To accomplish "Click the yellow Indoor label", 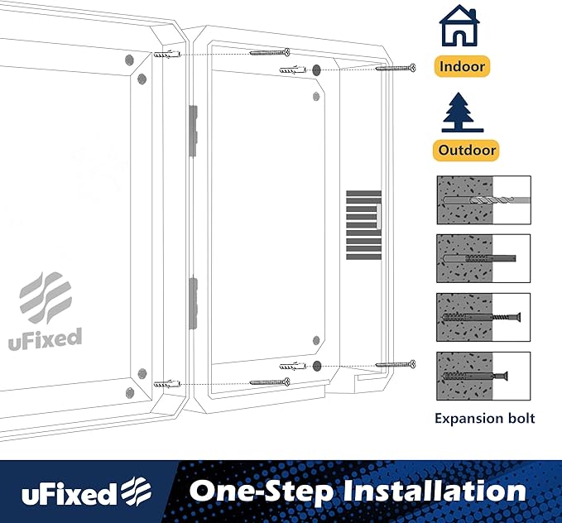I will (x=463, y=66).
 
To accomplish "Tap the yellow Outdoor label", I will (x=468, y=150).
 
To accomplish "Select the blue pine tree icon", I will (x=464, y=112).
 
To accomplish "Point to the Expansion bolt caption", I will (x=484, y=418).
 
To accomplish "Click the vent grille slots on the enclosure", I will (x=363, y=222).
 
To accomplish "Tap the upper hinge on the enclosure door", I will (x=193, y=130).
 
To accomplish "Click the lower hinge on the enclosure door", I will (x=193, y=301).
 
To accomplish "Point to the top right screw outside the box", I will (x=396, y=67).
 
